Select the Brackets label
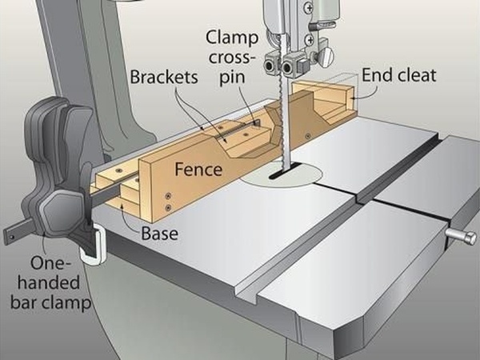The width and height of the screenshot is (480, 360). tap(163, 80)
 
